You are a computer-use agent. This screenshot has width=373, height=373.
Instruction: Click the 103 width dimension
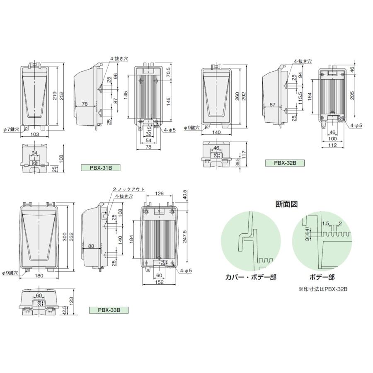coord(35,135)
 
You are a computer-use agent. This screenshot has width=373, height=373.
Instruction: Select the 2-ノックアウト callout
coord(128,189)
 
